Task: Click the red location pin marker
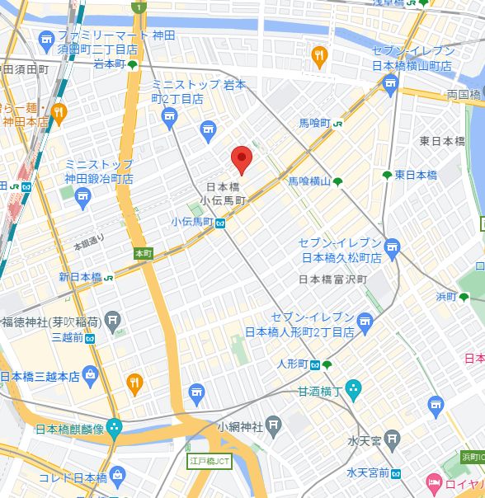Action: tap(240, 157)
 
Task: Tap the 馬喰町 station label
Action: tap(315, 123)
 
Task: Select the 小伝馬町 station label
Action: tap(192, 222)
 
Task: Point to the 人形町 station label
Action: tap(293, 364)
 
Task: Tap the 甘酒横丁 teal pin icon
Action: tap(353, 388)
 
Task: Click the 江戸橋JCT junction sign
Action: tap(210, 461)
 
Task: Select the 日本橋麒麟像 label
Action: tap(69, 429)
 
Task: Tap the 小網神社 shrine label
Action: tap(240, 426)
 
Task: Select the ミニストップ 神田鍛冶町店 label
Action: tap(99, 171)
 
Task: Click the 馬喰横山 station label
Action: tap(309, 181)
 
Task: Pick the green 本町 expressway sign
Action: tap(143, 253)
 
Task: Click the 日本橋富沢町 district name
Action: tap(332, 280)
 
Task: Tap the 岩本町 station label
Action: tap(110, 64)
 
